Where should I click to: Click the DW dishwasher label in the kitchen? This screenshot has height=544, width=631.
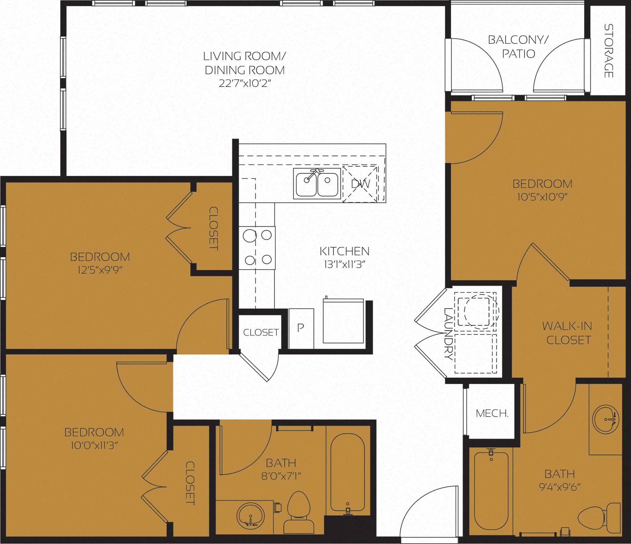(x=360, y=184)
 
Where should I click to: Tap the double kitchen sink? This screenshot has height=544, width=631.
(x=317, y=184)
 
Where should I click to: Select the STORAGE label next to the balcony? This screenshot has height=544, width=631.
(x=608, y=51)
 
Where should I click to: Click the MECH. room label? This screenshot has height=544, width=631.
(x=492, y=413)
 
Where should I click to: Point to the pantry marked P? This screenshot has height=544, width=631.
(x=301, y=328)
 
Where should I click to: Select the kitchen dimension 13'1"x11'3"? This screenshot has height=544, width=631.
(x=344, y=265)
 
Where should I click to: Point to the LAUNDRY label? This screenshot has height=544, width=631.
(x=448, y=334)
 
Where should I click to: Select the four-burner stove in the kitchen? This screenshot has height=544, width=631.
(x=257, y=248)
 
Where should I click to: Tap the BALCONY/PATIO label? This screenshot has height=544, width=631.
(x=518, y=47)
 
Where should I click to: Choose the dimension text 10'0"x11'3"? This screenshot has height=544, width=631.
(x=94, y=446)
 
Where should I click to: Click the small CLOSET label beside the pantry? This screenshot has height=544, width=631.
(x=261, y=332)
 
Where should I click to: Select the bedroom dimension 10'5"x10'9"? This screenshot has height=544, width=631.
(x=542, y=197)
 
